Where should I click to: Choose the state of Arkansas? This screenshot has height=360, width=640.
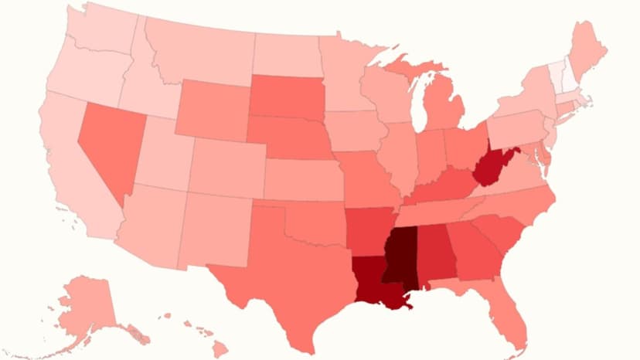click(368, 228)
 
